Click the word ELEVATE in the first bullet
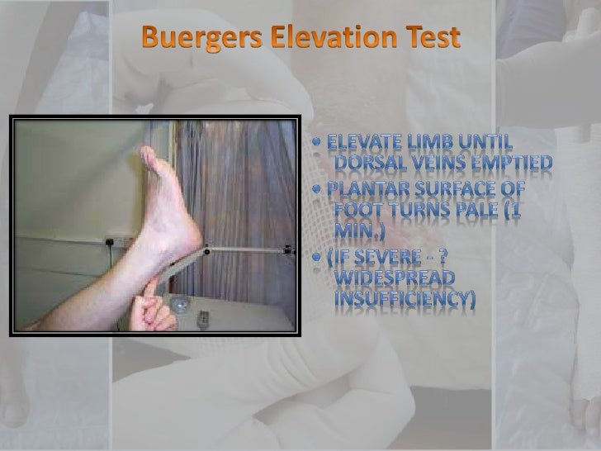pyautogui.click(x=368, y=142)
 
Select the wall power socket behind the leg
pyautogui.click(x=111, y=243)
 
